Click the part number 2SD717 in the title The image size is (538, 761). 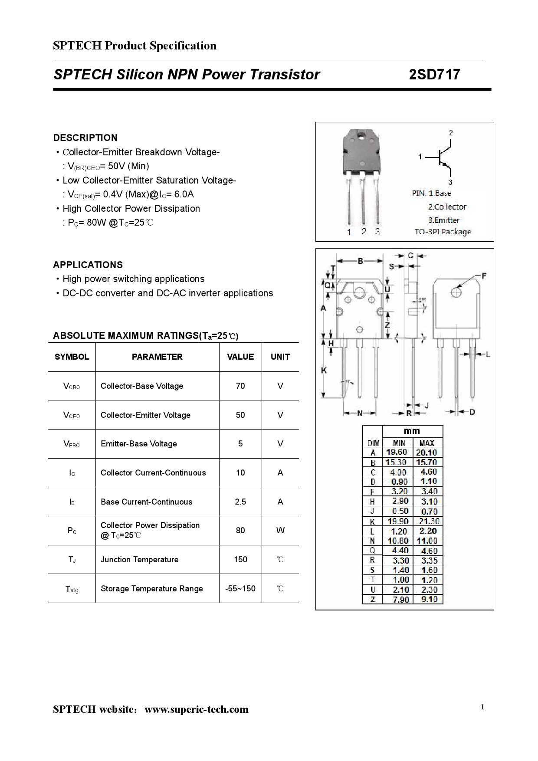[x=434, y=75]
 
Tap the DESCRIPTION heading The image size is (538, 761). [x=85, y=138]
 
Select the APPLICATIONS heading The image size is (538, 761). [x=88, y=265]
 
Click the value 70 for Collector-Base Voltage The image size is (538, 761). [x=240, y=386]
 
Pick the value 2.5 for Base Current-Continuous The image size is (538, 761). [x=240, y=502]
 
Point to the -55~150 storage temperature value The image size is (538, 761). [x=240, y=589]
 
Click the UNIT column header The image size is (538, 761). [x=280, y=357]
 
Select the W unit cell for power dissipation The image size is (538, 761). [x=280, y=531]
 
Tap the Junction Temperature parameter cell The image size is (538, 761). [x=139, y=560]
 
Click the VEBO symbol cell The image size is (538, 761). [x=72, y=444]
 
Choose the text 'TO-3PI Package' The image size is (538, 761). [x=443, y=232]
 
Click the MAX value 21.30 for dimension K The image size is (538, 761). [x=429, y=522]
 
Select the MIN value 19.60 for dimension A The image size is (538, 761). [x=397, y=453]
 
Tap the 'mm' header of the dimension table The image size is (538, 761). [x=412, y=431]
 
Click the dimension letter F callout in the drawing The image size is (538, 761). [x=484, y=276]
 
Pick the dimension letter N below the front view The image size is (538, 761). [x=360, y=413]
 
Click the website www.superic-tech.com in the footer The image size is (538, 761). [x=197, y=709]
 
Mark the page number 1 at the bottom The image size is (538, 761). [x=482, y=707]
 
